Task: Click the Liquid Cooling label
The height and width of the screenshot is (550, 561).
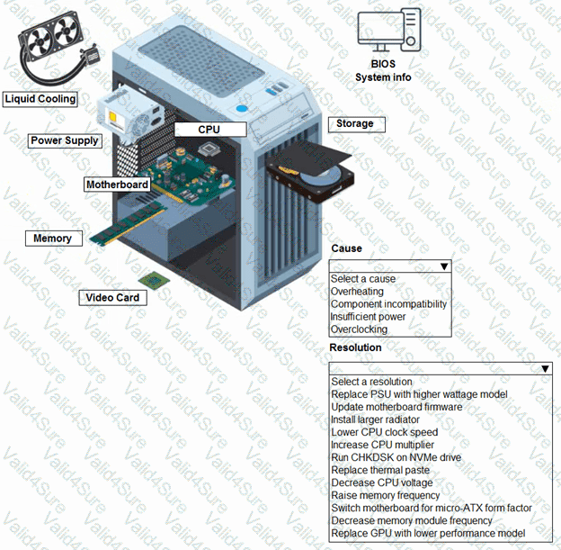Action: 40,99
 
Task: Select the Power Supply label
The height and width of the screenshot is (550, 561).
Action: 64,140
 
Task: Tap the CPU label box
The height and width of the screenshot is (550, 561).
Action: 209,130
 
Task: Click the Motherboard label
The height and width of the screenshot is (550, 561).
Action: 117,185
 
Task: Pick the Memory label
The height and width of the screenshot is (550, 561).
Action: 52,239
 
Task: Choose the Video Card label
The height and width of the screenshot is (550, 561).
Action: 112,297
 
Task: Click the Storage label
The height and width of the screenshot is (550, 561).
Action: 354,123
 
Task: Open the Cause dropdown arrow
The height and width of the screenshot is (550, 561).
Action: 444,266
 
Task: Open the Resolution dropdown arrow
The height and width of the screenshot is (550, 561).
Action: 545,369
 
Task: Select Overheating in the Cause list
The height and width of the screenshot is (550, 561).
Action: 357,292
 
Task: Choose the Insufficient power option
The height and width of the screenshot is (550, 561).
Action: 368,317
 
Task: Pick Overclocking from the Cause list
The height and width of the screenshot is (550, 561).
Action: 359,329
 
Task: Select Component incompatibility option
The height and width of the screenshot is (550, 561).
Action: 388,304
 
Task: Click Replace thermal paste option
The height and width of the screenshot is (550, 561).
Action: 380,470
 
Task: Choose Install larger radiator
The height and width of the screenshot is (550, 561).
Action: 375,419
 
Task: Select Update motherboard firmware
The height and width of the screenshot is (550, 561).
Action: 396,407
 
